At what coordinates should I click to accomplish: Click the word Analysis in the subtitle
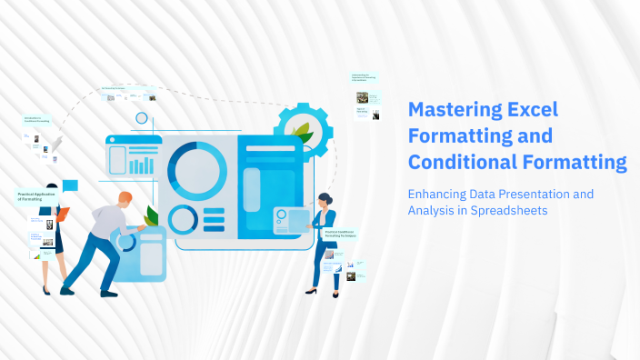434,211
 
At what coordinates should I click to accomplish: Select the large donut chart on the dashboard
197,169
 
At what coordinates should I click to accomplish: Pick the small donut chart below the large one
183,219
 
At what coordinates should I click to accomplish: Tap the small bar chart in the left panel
141,165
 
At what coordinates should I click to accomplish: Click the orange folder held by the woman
62,215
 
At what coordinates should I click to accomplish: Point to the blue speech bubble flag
70,185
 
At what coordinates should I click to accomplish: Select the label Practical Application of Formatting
37,195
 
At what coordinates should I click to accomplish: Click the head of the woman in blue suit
324,199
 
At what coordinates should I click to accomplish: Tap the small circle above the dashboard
141,118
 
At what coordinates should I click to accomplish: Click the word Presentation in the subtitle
535,194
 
